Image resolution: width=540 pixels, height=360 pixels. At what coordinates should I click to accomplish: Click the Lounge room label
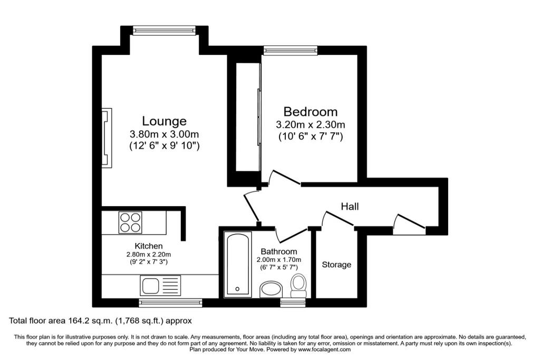coord(164,121)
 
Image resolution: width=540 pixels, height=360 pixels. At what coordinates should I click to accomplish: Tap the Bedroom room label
coord(311,112)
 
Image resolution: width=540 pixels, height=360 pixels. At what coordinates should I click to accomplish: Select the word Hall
coord(350,206)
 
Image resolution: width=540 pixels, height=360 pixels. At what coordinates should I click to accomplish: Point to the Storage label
coord(336,265)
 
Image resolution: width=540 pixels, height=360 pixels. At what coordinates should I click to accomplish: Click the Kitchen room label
coord(149,246)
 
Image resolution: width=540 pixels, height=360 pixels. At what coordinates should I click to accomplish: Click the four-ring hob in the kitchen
coord(130,222)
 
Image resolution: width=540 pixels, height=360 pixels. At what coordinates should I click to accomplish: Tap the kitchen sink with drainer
coord(160,286)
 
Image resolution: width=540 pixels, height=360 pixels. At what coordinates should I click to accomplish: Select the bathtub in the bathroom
coord(238,264)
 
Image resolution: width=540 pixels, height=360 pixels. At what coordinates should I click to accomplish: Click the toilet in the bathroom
coord(298,285)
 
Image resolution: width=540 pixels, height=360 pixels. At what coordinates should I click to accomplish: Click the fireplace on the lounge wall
coord(107,137)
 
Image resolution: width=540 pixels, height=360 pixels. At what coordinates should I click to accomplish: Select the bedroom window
coord(291,51)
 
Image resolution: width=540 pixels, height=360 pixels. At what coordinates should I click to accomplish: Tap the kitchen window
coord(170,303)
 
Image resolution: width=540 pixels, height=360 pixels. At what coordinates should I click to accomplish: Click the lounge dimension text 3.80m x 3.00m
coord(164,134)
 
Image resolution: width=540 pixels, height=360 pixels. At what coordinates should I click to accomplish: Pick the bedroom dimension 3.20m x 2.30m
coord(311,125)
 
